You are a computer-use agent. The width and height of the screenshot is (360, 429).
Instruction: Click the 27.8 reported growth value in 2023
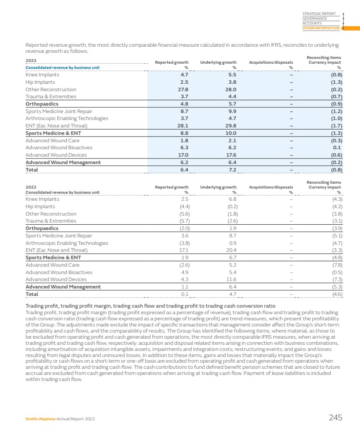pyautogui.click(x=184, y=89)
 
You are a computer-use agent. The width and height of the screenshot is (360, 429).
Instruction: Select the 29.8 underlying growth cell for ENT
pyautogui.click(x=232, y=126)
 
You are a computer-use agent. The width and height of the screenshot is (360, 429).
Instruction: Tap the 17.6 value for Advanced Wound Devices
pyautogui.click(x=232, y=155)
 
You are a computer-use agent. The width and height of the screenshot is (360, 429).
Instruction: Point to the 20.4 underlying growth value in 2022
pyautogui.click(x=232, y=250)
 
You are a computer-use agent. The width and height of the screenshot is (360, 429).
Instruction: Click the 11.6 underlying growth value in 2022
pyautogui.click(x=232, y=279)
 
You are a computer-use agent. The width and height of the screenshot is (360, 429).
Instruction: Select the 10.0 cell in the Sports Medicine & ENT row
pyautogui.click(x=232, y=133)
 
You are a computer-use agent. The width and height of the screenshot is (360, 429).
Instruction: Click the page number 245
pyautogui.click(x=335, y=418)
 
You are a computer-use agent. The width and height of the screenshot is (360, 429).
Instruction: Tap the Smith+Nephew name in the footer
pyautogui.click(x=41, y=419)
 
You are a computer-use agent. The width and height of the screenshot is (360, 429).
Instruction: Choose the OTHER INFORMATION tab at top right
pyautogui.click(x=321, y=28)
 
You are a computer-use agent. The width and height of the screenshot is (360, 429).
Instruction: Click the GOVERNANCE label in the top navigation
pyautogui.click(x=314, y=19)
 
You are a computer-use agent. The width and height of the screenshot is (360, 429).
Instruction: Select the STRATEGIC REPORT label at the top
pyautogui.click(x=319, y=14)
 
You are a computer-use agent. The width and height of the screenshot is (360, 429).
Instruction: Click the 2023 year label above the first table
pyautogui.click(x=31, y=61)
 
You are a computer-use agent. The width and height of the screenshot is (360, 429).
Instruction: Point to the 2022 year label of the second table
pyautogui.click(x=31, y=187)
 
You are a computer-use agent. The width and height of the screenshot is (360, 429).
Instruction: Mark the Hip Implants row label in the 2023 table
pyautogui.click(x=40, y=82)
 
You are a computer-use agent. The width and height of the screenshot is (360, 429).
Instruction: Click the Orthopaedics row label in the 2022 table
pyautogui.click(x=42, y=228)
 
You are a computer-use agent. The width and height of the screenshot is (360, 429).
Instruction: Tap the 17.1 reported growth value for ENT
pyautogui.click(x=185, y=250)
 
